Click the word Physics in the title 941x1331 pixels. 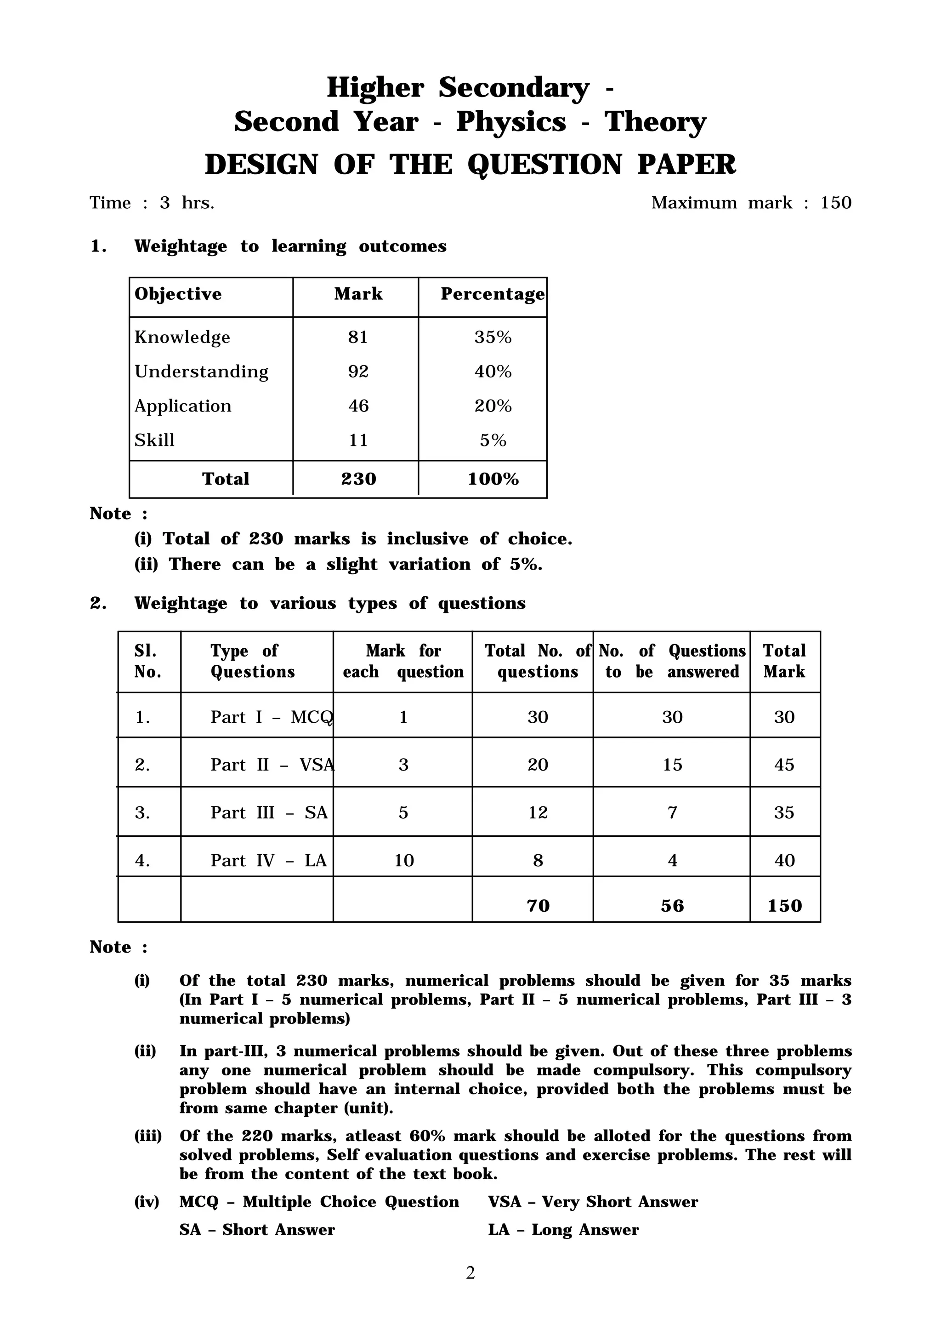(x=510, y=122)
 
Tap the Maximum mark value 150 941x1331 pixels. (x=835, y=203)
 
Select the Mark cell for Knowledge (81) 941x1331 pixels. (x=357, y=337)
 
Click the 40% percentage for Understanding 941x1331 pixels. (x=493, y=371)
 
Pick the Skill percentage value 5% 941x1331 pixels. (x=493, y=440)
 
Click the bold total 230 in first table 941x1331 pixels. (x=358, y=479)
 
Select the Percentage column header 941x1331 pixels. (x=492, y=294)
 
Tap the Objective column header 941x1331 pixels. (x=178, y=294)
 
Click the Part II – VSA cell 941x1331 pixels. (x=272, y=765)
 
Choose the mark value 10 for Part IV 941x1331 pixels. (x=403, y=860)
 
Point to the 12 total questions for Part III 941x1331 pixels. (x=537, y=812)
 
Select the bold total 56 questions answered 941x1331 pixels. (x=672, y=906)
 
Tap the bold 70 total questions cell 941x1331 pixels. (x=537, y=906)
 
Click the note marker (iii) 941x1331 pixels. (x=148, y=1136)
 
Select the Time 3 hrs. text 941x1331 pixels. (x=152, y=203)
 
